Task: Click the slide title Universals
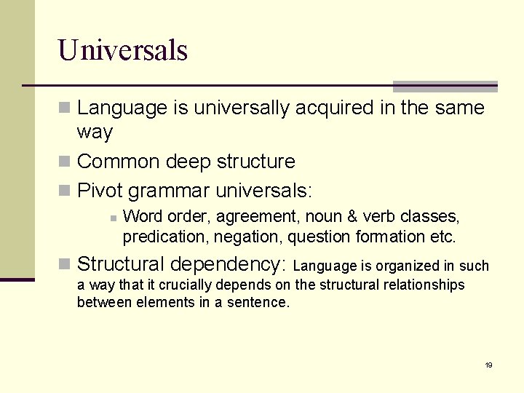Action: click(x=123, y=50)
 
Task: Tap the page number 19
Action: click(x=488, y=365)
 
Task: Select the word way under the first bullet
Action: click(x=95, y=132)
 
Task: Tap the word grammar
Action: click(x=168, y=191)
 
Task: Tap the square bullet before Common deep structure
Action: click(x=65, y=162)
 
